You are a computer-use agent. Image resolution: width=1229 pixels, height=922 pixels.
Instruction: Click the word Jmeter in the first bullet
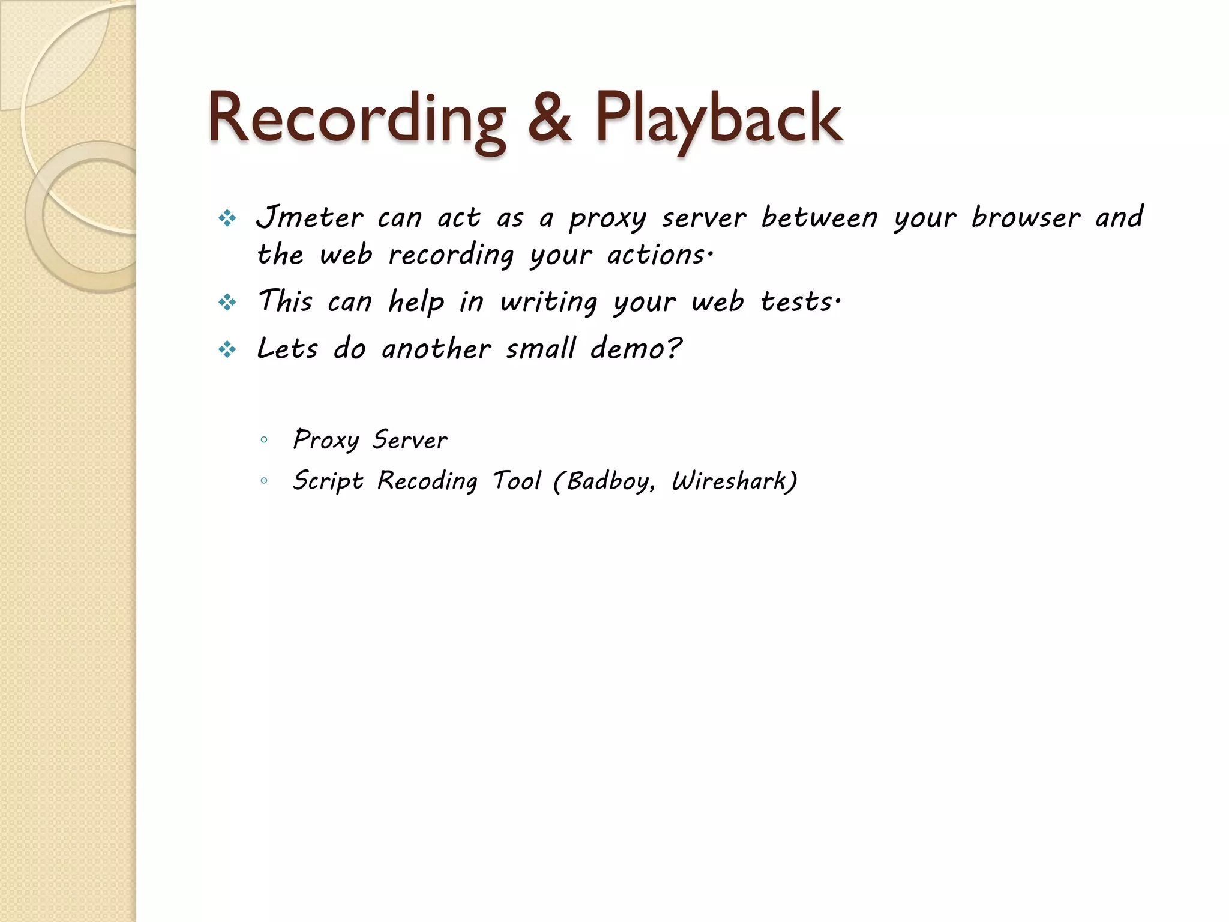point(310,217)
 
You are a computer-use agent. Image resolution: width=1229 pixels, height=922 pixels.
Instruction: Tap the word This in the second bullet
point(285,301)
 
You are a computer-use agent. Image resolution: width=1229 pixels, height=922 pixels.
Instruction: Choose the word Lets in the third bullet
point(287,348)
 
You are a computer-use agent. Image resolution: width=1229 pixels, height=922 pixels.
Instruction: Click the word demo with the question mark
point(636,348)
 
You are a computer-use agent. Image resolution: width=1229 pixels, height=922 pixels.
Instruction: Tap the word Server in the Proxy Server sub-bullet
point(410,440)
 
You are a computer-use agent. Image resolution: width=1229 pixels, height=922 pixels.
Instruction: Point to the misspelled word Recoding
point(427,481)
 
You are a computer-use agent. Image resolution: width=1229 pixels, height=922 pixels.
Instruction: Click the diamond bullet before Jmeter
point(227,218)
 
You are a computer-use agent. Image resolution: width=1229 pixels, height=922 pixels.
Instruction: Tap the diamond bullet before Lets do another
point(227,349)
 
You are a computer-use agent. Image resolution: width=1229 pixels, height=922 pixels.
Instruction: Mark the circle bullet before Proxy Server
point(264,440)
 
